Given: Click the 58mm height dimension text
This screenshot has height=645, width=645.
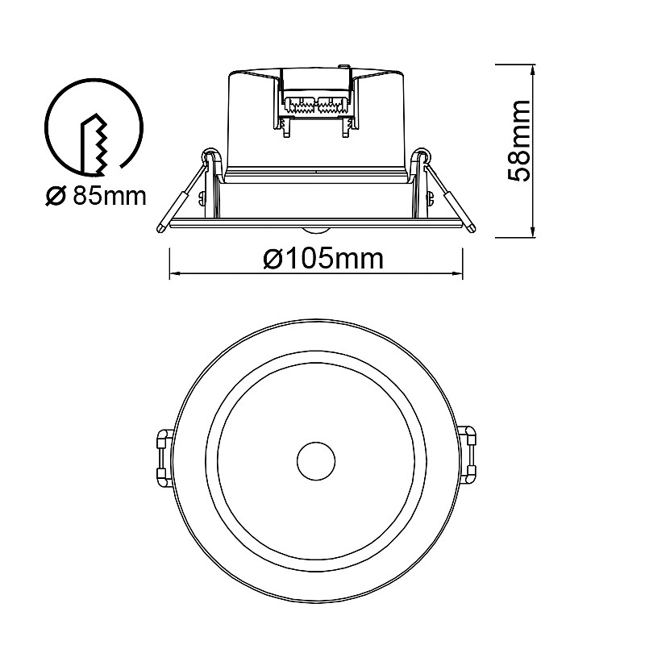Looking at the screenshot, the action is pyautogui.click(x=519, y=140).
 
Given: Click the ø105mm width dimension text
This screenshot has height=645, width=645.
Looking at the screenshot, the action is pyautogui.click(x=323, y=259).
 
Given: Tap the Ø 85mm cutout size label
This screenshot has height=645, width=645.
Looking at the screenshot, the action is pyautogui.click(x=95, y=196).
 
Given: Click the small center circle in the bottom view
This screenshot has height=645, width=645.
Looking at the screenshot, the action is pyautogui.click(x=316, y=461).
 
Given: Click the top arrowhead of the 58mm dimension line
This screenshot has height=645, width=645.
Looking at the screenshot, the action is pyautogui.click(x=533, y=69).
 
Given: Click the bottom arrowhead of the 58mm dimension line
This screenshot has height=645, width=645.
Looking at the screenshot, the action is pyautogui.click(x=533, y=232).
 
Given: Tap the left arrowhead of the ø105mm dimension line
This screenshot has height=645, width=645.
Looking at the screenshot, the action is pyautogui.click(x=175, y=273).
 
